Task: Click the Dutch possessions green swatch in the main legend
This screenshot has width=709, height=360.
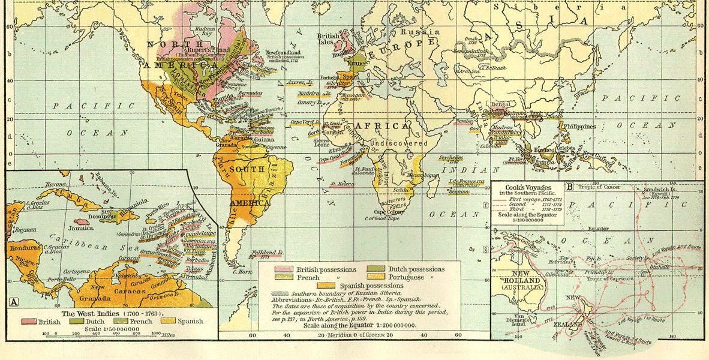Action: pos(378,269)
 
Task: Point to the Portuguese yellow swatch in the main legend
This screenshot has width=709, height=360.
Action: pos(378,277)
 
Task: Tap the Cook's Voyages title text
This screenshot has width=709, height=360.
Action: pos(527,187)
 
